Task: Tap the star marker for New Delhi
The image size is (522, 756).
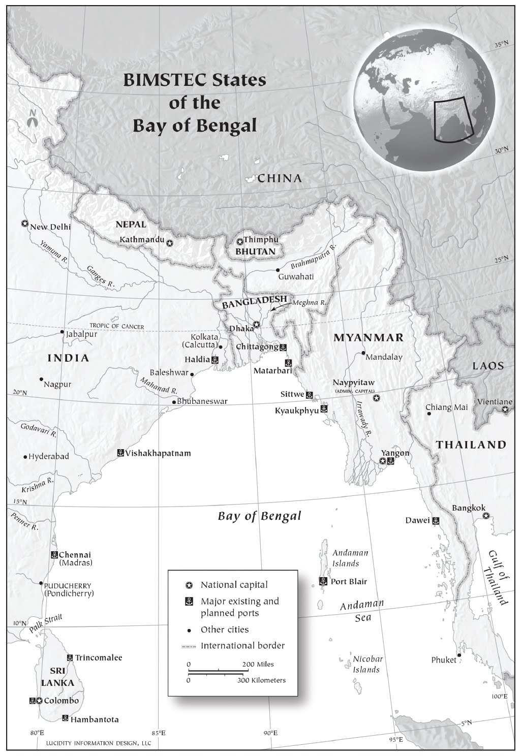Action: [24, 224]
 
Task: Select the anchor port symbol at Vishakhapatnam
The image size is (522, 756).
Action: [120, 453]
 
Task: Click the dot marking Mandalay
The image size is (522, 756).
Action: [363, 353]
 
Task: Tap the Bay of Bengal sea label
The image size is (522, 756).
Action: [259, 516]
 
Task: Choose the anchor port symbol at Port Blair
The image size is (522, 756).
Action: [323, 581]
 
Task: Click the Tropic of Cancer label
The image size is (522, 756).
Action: [117, 326]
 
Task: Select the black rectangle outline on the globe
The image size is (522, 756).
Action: [453, 118]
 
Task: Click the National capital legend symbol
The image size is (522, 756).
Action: [189, 585]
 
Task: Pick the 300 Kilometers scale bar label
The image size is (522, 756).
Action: [261, 680]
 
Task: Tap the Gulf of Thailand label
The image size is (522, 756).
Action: [498, 578]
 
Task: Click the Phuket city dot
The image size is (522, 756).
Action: [459, 655]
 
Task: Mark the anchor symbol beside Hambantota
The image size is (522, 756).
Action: [65, 718]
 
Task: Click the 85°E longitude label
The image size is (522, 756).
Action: [159, 733]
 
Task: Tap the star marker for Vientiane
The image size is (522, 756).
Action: [505, 409]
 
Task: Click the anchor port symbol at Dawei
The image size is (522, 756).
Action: [436, 521]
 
